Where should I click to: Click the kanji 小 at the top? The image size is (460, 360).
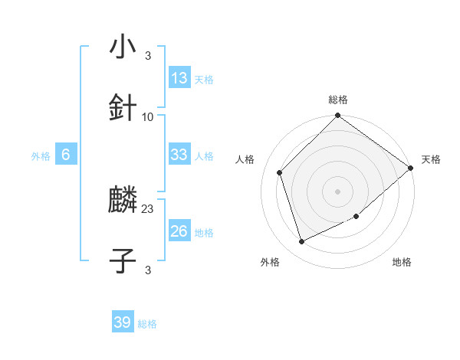click(x=123, y=47)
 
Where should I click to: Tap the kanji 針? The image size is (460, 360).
click(x=123, y=108)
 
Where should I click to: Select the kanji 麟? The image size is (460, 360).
click(x=123, y=201)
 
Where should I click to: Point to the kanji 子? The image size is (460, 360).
click(x=123, y=261)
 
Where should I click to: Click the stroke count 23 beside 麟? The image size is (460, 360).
click(x=148, y=208)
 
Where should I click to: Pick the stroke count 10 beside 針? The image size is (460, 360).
click(x=148, y=116)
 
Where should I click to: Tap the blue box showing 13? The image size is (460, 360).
click(x=179, y=78)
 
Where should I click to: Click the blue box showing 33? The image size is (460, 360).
click(x=179, y=155)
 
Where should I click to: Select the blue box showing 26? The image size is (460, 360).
click(x=179, y=231)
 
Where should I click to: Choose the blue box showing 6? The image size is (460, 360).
click(x=66, y=155)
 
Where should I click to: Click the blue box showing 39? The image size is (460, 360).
click(x=123, y=322)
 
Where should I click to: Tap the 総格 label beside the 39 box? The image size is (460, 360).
click(x=147, y=324)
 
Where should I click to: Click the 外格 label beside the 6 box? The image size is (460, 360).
click(x=41, y=156)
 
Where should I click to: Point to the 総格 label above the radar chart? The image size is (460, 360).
click(x=338, y=100)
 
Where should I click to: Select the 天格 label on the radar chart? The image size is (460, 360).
click(x=431, y=159)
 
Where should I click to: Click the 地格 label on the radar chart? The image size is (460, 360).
click(x=402, y=262)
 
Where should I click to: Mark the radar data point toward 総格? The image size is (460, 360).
click(x=338, y=116)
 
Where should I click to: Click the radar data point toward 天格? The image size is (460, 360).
click(x=411, y=168)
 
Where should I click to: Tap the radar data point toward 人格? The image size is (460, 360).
click(x=280, y=172)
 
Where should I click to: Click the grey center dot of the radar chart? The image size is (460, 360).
click(x=338, y=191)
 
